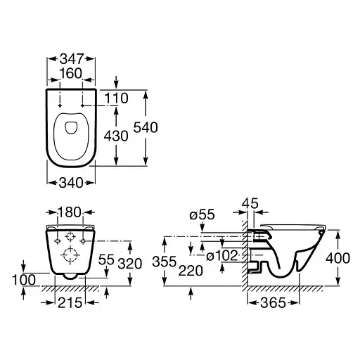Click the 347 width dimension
tap(72, 59)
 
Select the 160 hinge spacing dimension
tap(71, 73)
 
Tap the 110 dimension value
tap(116, 98)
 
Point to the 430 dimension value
tap(116, 136)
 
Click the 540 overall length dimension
tap(146, 127)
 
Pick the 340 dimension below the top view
tap(71, 183)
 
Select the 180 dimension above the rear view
tap(70, 212)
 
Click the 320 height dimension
tap(130, 264)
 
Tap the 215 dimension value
tap(70, 302)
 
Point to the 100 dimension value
tap(24, 280)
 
